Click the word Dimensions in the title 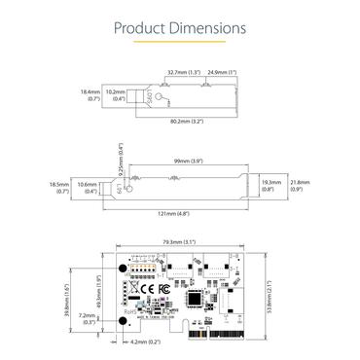(207, 27)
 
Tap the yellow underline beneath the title (179, 44)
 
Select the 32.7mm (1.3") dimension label (183, 72)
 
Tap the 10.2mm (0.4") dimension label (116, 94)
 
